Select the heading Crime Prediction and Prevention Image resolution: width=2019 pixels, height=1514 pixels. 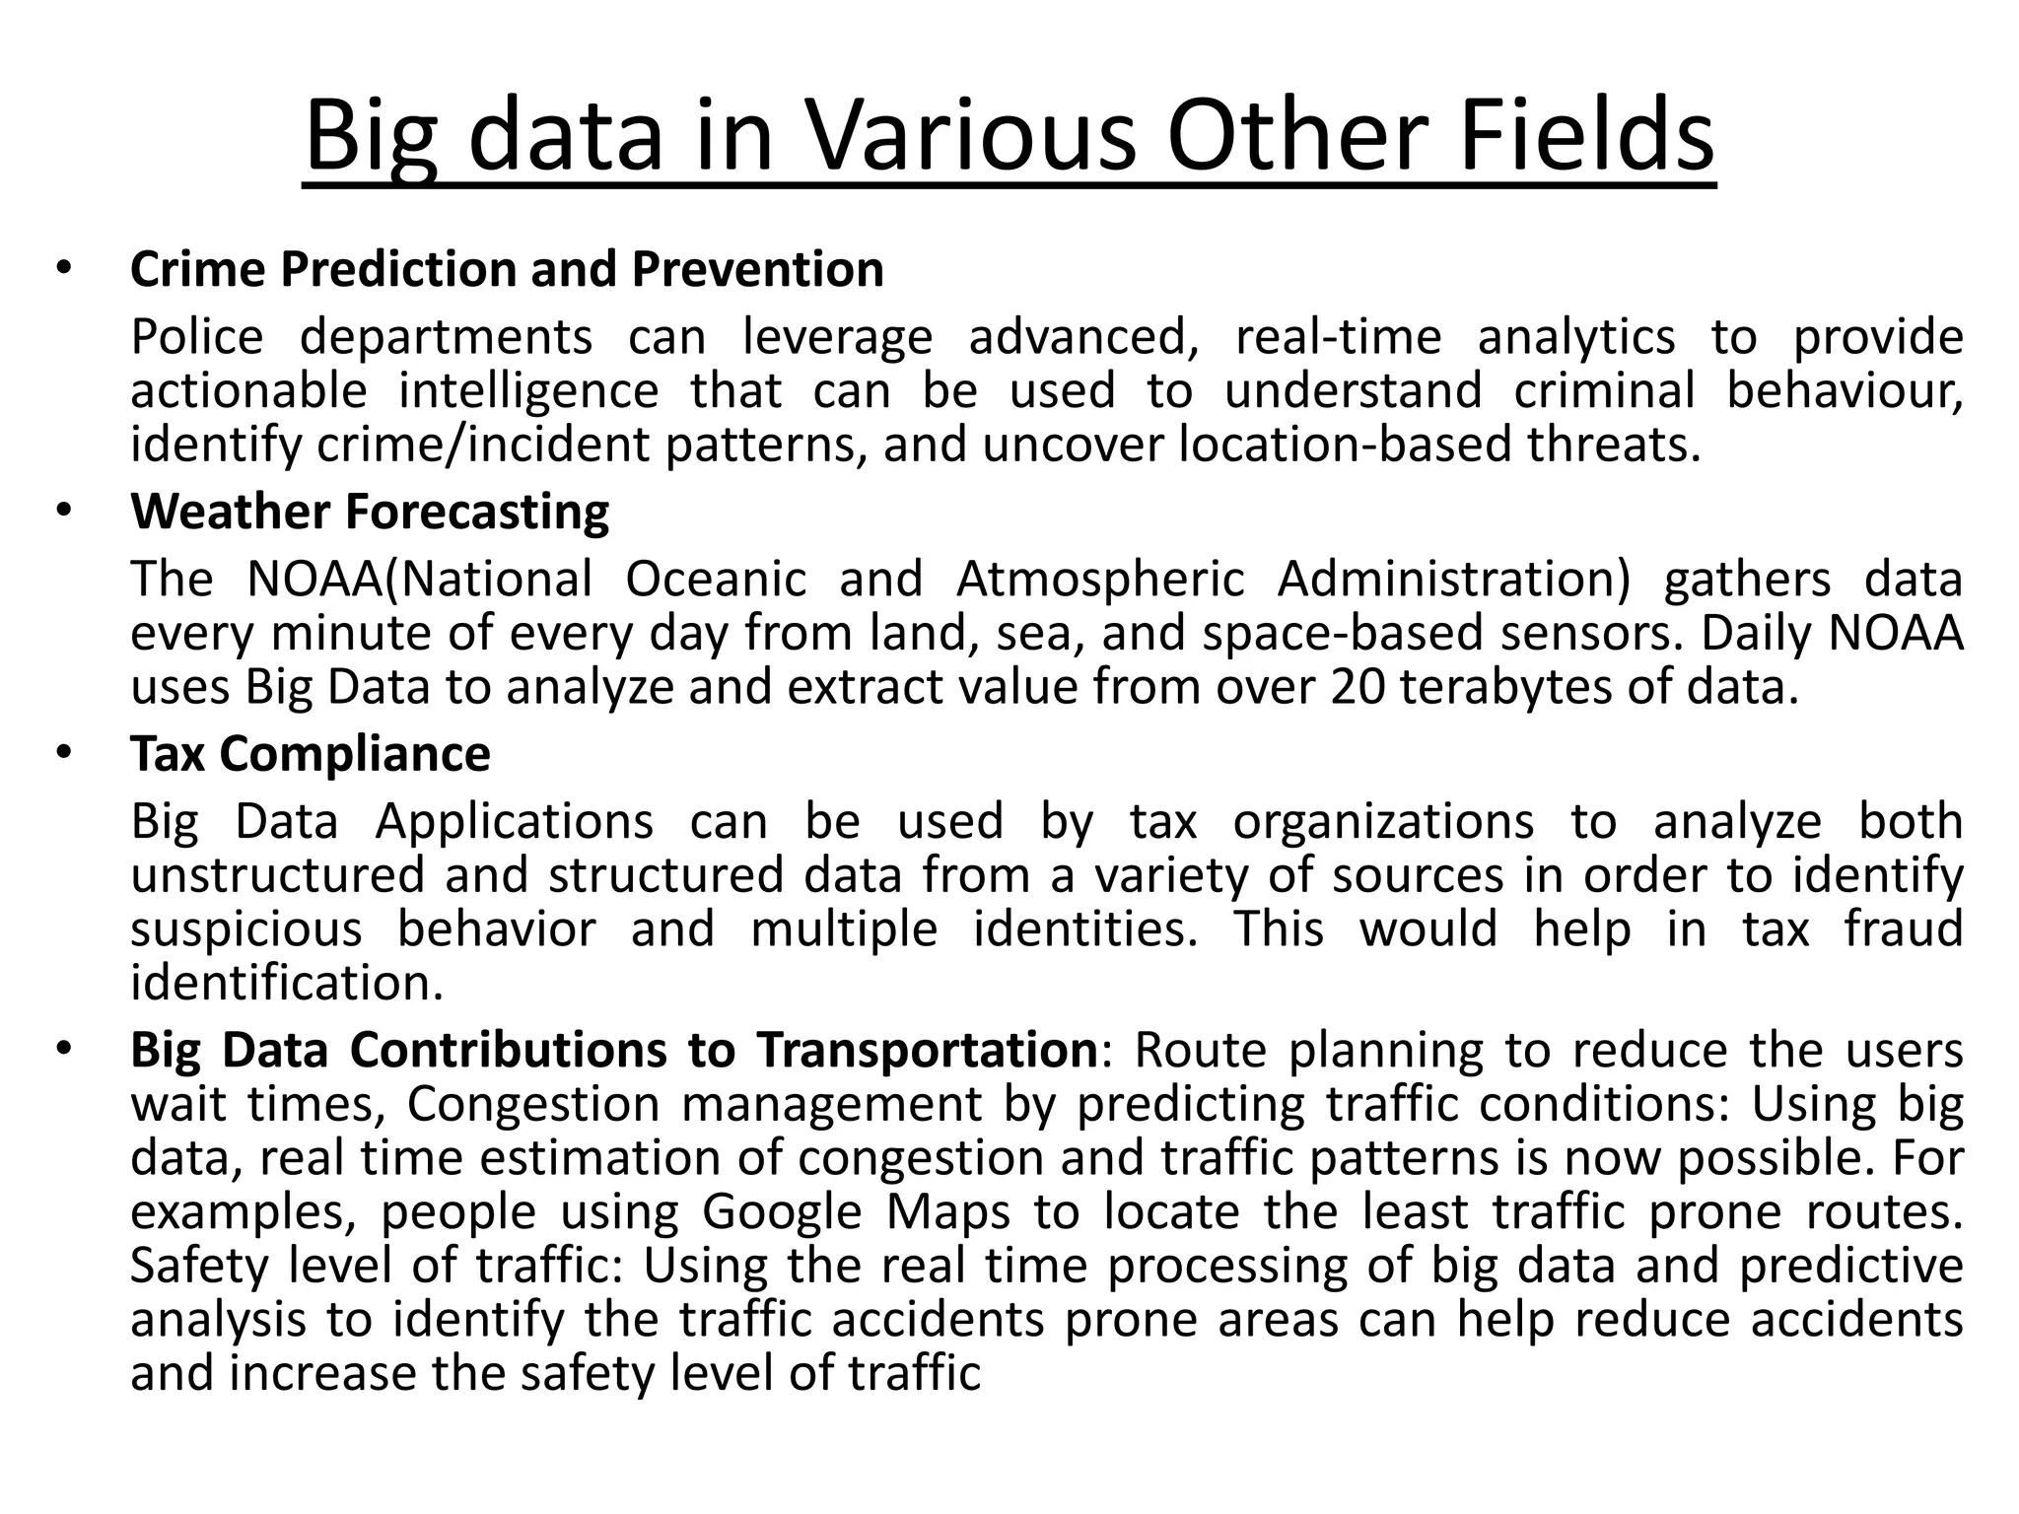tap(507, 269)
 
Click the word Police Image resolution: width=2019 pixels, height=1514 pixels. tap(197, 337)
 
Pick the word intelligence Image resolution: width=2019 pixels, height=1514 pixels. tap(528, 390)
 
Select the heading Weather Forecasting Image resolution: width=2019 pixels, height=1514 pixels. tap(370, 513)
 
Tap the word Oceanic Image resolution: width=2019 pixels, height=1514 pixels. tap(716, 579)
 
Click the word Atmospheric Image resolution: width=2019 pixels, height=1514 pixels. tap(1100, 580)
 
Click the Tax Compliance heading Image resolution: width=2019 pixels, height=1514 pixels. tap(310, 754)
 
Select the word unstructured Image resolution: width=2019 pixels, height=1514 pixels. tap(279, 875)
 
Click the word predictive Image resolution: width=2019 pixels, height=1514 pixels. tap(1850, 1266)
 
